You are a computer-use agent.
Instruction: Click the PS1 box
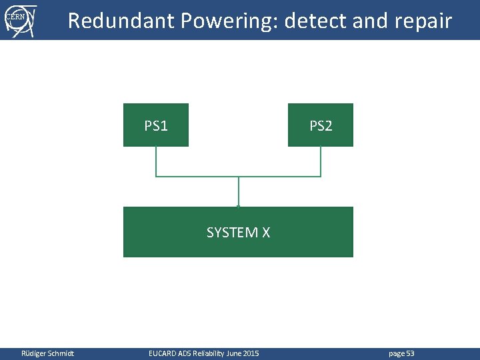click(x=156, y=125)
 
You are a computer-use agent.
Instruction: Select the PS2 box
click(x=321, y=125)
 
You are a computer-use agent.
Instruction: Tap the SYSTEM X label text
click(x=238, y=233)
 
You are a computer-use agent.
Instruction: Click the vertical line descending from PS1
click(x=156, y=161)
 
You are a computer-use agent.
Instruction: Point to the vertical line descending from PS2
click(x=321, y=161)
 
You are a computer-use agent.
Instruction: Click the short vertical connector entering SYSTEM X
click(x=238, y=192)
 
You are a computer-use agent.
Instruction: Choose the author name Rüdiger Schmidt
click(x=48, y=353)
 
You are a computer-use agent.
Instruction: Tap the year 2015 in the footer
click(x=251, y=353)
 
